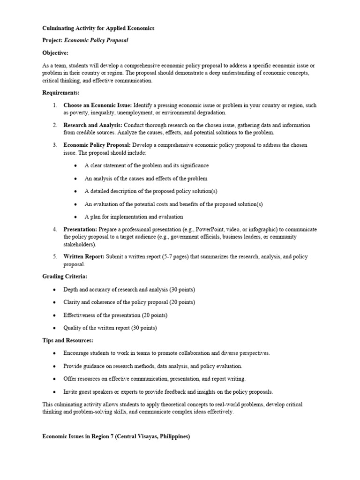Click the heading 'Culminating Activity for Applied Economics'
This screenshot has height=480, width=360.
pyautogui.click(x=98, y=29)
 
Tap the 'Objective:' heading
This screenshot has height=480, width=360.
pyautogui.click(x=55, y=53)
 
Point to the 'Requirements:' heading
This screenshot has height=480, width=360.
pyautogui.click(x=61, y=93)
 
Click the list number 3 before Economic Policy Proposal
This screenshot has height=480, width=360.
pyautogui.click(x=54, y=145)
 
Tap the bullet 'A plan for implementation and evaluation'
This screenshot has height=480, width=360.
pyautogui.click(x=134, y=217)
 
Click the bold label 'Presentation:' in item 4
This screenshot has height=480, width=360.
pyautogui.click(x=80, y=230)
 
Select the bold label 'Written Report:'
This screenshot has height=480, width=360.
pyautogui.click(x=84, y=257)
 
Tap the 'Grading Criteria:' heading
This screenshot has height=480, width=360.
pyautogui.click(x=65, y=277)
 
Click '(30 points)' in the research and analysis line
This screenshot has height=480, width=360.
pyautogui.click(x=179, y=289)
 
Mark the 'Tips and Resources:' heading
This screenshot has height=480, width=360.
pyautogui.click(x=67, y=340)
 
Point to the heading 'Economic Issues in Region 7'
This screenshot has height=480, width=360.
pyautogui.click(x=116, y=436)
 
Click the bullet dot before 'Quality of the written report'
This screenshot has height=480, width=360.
pyautogui.click(x=54, y=328)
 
